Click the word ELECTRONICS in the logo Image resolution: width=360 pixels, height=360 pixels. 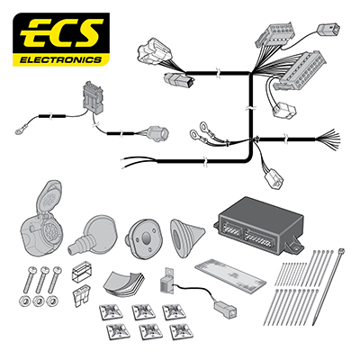pos(60,60)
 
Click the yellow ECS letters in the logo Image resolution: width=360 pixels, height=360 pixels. pos(61,32)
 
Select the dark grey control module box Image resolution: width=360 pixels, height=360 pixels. pos(258,226)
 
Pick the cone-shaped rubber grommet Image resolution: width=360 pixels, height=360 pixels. pos(186,238)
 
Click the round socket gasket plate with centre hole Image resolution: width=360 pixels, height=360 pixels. pos(144,238)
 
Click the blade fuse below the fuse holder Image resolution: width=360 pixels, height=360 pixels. pos(81,295)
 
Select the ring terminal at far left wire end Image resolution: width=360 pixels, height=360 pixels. pos(20,130)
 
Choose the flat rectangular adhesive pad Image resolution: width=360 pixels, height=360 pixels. pos(230,275)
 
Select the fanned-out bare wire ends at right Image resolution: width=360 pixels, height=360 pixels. pos(328,139)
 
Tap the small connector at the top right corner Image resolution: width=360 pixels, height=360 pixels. pos(329,30)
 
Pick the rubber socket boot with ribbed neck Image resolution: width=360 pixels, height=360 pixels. pos(91,235)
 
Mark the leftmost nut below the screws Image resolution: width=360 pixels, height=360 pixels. pos(24,301)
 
